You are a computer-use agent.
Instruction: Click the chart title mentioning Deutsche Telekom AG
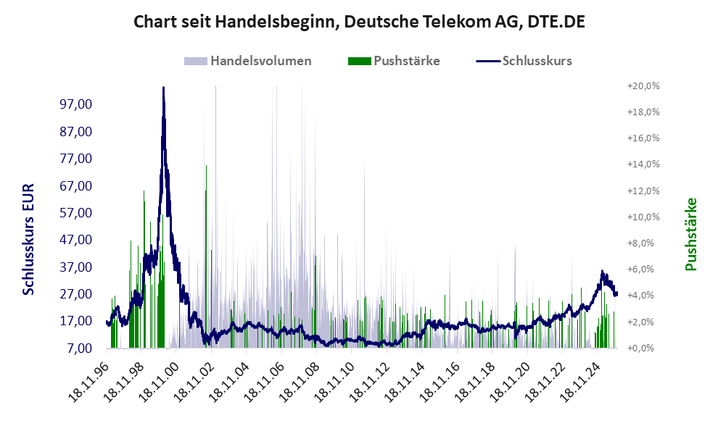359,22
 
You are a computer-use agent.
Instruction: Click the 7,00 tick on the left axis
81,348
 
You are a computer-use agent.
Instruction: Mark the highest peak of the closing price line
163,88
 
